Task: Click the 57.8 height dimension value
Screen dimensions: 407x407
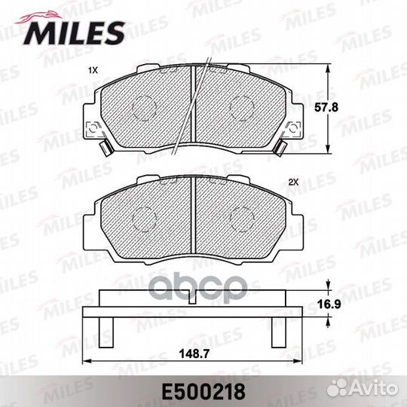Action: (x=326, y=107)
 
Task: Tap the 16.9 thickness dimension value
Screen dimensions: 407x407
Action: (x=329, y=304)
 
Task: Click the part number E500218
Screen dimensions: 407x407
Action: (x=203, y=392)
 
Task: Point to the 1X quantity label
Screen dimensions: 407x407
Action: (x=93, y=70)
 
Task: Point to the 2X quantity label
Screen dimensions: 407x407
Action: (x=294, y=182)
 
